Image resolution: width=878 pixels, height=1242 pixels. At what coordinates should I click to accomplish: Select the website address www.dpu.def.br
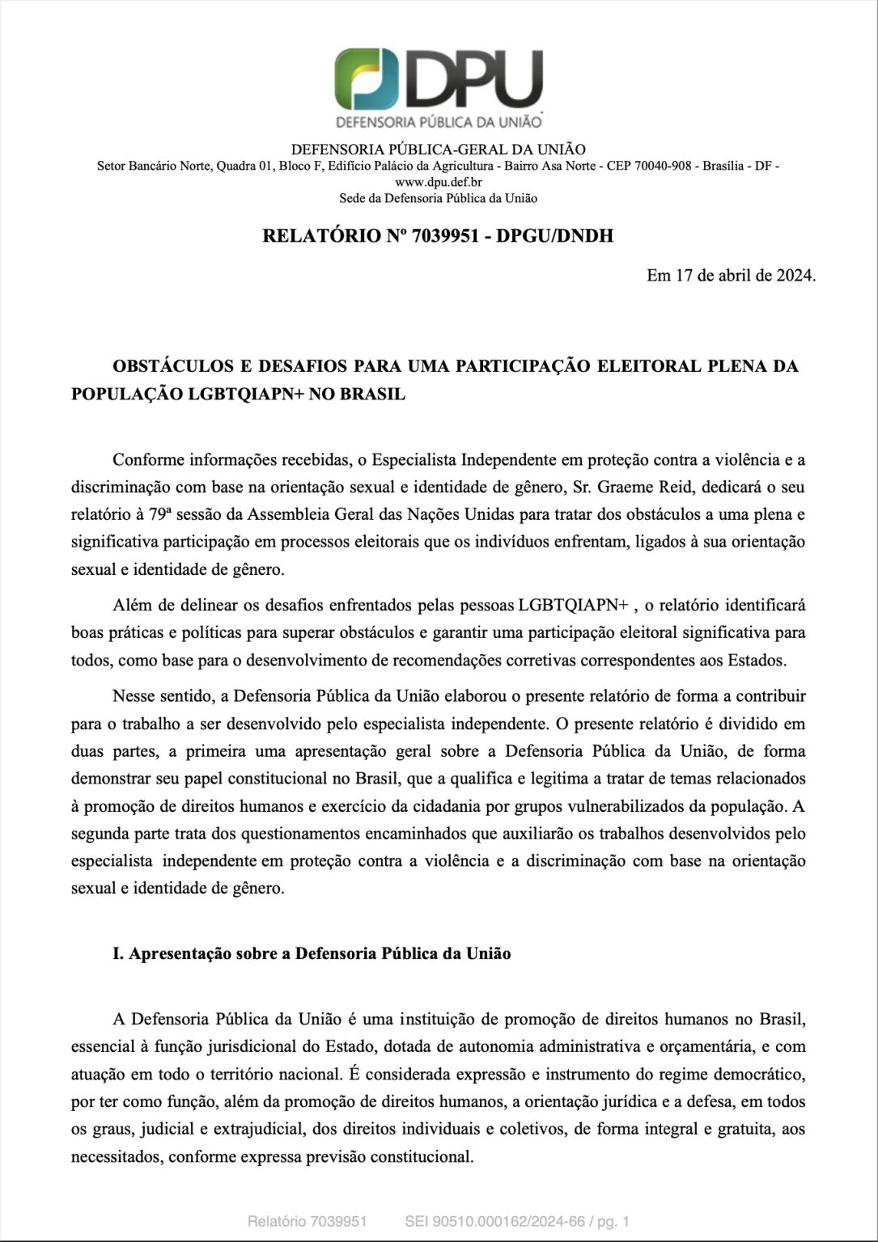[438, 182]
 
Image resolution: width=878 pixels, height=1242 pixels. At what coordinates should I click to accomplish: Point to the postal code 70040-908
[656, 166]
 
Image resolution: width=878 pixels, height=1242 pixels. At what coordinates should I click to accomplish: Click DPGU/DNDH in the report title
[554, 236]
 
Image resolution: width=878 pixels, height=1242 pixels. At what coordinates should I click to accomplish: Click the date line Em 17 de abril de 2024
[731, 275]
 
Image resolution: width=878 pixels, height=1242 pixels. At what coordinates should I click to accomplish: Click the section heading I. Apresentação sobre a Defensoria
[312, 953]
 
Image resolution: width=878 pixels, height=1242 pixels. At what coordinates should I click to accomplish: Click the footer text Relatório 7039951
[308, 1221]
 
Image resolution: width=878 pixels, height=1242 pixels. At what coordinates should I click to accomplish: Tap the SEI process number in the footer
[494, 1221]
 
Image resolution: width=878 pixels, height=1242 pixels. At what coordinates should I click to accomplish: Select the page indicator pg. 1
[613, 1221]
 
